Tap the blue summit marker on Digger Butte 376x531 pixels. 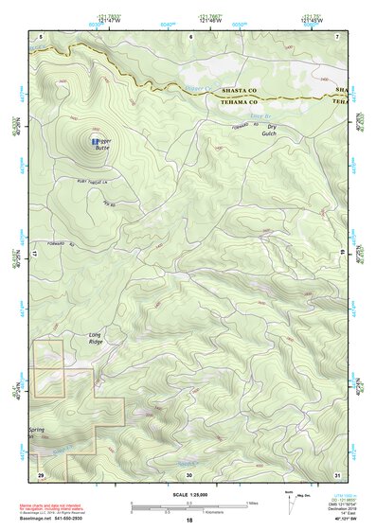(x=93, y=141)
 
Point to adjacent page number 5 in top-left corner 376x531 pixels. (x=42, y=35)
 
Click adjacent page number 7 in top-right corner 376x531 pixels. (x=336, y=35)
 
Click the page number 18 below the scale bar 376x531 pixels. (x=188, y=522)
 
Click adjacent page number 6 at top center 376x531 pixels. (x=190, y=35)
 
